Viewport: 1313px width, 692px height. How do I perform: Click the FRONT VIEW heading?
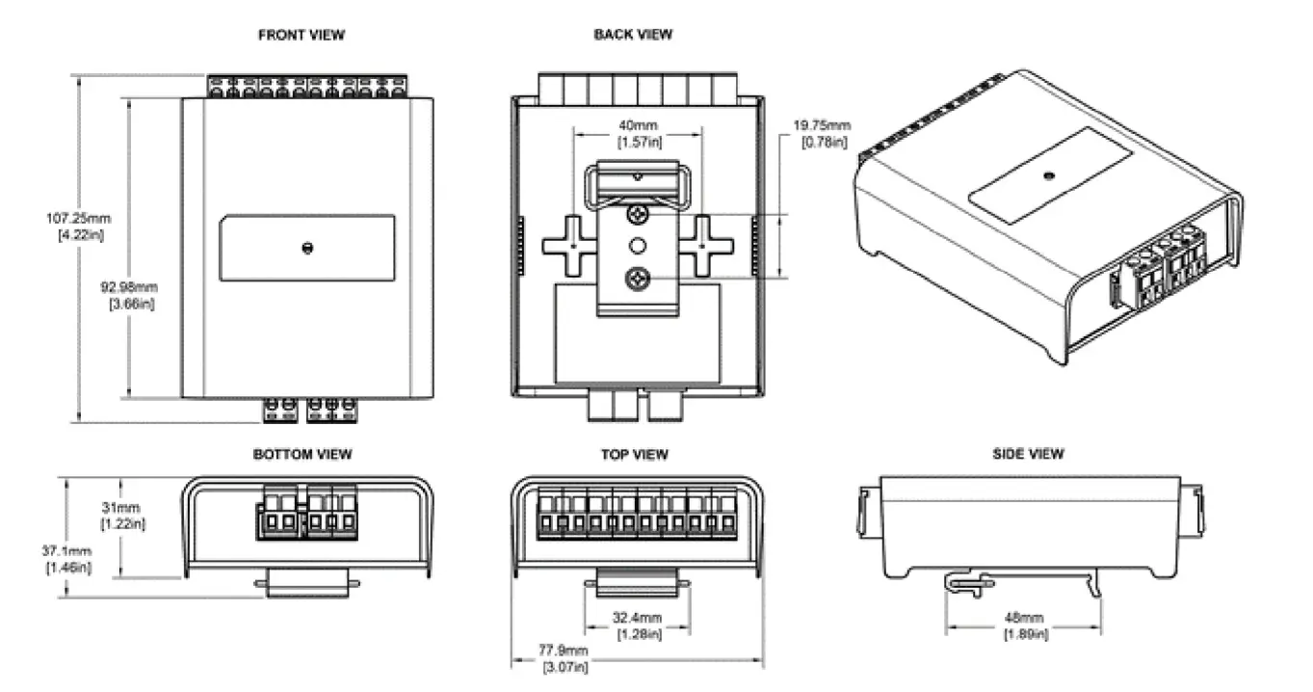302,36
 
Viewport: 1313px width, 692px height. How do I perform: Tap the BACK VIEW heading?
633,35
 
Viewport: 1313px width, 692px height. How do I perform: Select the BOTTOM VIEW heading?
302,455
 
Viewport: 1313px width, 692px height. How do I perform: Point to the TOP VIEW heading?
634,455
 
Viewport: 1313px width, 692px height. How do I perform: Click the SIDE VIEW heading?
1028,454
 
